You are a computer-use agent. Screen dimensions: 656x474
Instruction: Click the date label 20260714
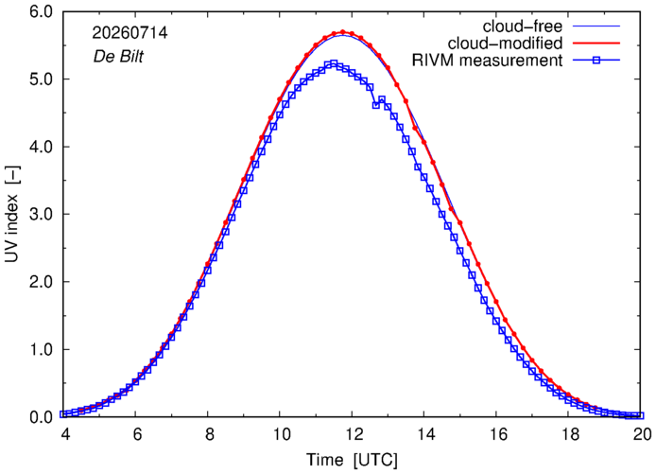(129, 33)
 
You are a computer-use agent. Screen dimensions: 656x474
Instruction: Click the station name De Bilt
(118, 56)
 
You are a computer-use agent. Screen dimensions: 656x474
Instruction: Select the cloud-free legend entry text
(523, 26)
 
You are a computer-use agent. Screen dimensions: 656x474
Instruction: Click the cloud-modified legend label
(506, 44)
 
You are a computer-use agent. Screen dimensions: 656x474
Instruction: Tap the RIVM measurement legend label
(488, 61)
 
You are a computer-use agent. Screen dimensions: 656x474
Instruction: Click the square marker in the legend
(596, 61)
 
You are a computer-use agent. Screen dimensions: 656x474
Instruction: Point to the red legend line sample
(596, 44)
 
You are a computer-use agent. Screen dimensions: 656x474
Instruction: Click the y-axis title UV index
(12, 214)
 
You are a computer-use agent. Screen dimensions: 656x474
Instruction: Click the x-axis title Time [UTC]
(352, 460)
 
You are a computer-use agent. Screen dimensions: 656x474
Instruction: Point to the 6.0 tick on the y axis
(42, 11)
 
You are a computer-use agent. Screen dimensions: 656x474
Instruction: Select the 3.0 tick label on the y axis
(42, 215)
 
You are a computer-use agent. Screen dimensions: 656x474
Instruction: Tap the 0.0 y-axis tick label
(42, 417)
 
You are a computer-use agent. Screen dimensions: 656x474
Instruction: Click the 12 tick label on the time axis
(352, 434)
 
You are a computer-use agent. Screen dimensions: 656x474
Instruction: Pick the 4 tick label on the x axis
(65, 434)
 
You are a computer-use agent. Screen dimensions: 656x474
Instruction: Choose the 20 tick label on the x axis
(642, 434)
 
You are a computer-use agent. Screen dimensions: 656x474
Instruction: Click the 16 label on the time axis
(496, 434)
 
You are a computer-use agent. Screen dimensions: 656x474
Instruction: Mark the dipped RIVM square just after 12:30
(375, 105)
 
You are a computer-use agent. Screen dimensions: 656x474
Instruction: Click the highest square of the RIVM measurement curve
(334, 63)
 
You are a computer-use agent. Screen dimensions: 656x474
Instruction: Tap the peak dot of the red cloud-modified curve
(342, 32)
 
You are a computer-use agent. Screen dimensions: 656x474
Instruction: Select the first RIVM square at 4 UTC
(63, 414)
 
